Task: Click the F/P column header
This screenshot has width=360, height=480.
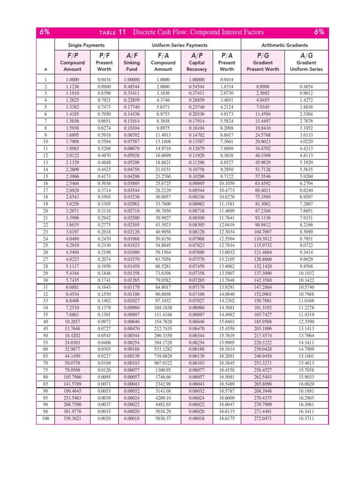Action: (72, 55)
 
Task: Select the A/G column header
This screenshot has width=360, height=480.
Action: (306, 55)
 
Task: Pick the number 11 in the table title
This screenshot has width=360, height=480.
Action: (122, 32)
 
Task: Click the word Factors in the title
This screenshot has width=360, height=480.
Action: (250, 32)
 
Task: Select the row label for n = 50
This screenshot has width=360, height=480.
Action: (45, 336)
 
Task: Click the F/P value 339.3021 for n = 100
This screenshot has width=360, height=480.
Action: (72, 418)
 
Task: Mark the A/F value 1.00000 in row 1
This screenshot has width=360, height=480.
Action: (132, 80)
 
